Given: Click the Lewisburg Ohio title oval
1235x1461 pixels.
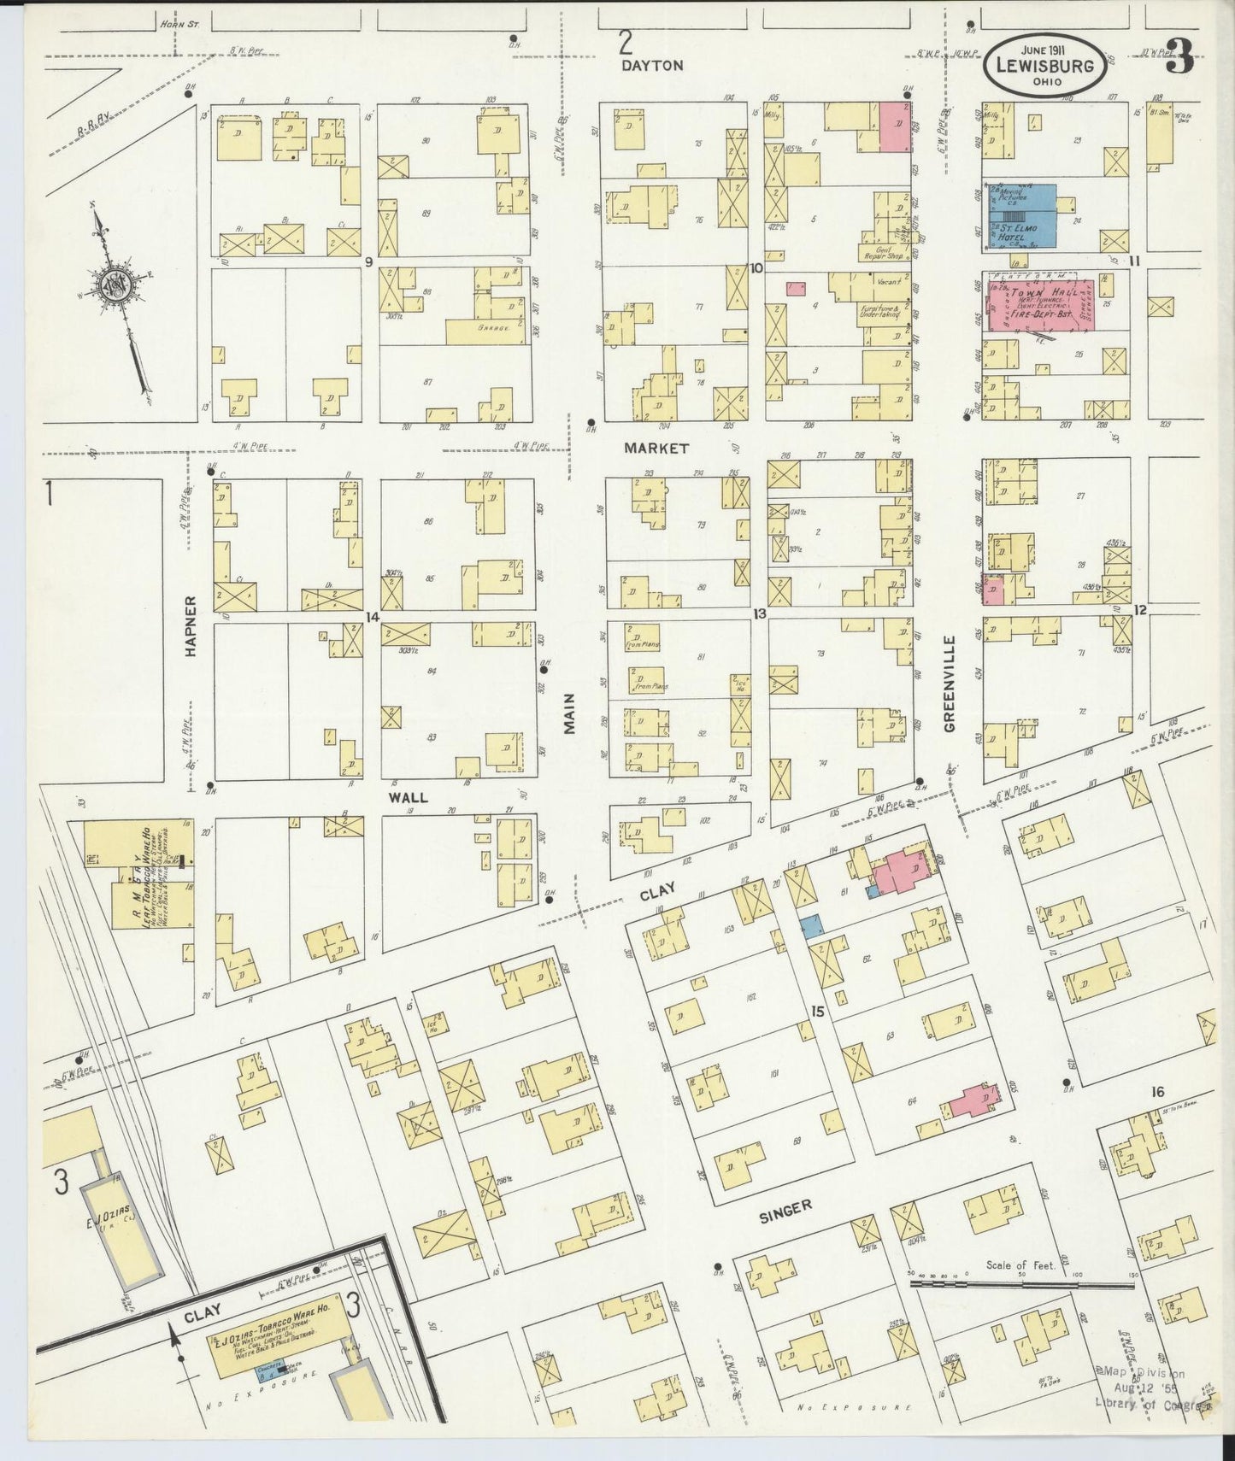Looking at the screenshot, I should click(1044, 65).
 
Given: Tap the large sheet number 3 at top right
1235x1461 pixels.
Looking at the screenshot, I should click(1180, 58).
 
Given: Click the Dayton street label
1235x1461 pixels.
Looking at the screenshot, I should click(653, 65).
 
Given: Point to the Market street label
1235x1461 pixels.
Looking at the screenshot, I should click(656, 448).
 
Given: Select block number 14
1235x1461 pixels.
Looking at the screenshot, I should click(372, 616).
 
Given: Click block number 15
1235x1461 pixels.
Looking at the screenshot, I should click(818, 1012).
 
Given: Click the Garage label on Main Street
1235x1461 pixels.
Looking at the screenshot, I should click(493, 327).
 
